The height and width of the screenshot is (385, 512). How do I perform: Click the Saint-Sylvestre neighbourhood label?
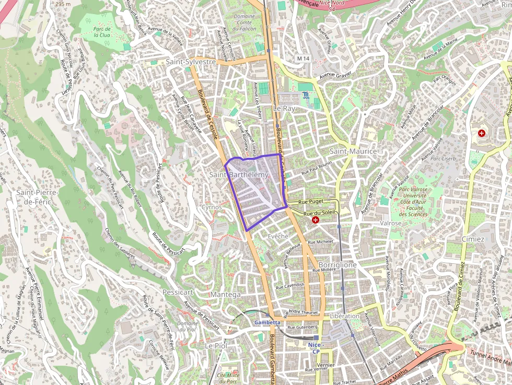(x=191, y=62)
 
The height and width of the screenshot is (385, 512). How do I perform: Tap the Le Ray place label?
(x=284, y=108)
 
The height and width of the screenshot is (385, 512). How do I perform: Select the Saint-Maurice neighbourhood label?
(x=353, y=151)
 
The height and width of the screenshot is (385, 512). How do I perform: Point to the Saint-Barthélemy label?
(x=239, y=174)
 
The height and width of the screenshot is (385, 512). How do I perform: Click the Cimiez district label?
(x=473, y=239)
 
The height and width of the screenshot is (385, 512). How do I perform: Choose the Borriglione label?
(x=337, y=265)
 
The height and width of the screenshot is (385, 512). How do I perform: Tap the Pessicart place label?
(x=178, y=292)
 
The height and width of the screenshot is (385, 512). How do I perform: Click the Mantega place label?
(x=226, y=295)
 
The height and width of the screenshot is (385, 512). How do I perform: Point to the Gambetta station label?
(x=267, y=323)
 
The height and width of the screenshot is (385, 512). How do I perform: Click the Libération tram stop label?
(x=345, y=316)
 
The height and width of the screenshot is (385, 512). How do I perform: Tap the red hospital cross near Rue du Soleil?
(x=316, y=220)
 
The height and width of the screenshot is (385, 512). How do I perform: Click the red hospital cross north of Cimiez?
(x=481, y=133)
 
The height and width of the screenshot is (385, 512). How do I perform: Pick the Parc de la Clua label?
(x=102, y=32)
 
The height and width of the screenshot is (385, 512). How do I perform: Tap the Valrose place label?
(x=391, y=223)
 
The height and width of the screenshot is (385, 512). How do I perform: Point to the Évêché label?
(x=278, y=236)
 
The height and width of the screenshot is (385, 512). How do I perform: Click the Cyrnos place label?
(x=212, y=207)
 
